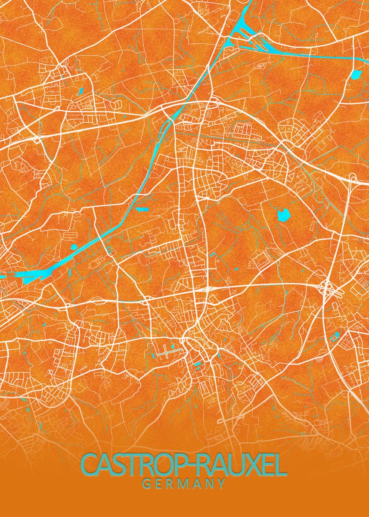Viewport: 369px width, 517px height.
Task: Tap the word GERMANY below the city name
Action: coord(184,484)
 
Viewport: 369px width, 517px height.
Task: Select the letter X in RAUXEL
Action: coord(241,465)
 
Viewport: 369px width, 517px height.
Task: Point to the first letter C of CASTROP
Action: coord(90,465)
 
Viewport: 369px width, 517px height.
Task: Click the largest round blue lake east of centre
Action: coord(283,214)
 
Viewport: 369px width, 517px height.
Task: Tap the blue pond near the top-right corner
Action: coord(357,75)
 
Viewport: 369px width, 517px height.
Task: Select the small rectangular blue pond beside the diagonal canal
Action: coord(142,210)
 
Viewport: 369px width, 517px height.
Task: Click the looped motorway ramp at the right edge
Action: coord(353,178)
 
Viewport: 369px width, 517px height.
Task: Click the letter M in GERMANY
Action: coord(184,484)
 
